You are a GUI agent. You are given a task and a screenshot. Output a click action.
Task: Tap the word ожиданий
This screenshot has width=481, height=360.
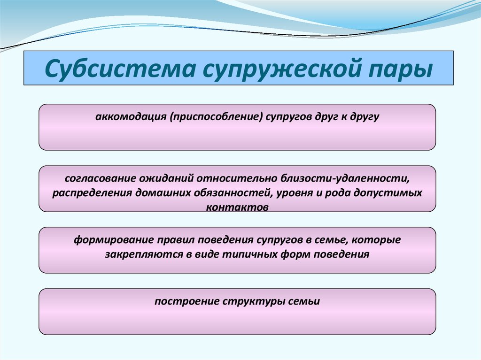pyautogui.click(x=164, y=178)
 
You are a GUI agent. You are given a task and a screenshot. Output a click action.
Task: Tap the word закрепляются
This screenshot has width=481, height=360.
pyautogui.click(x=140, y=254)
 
